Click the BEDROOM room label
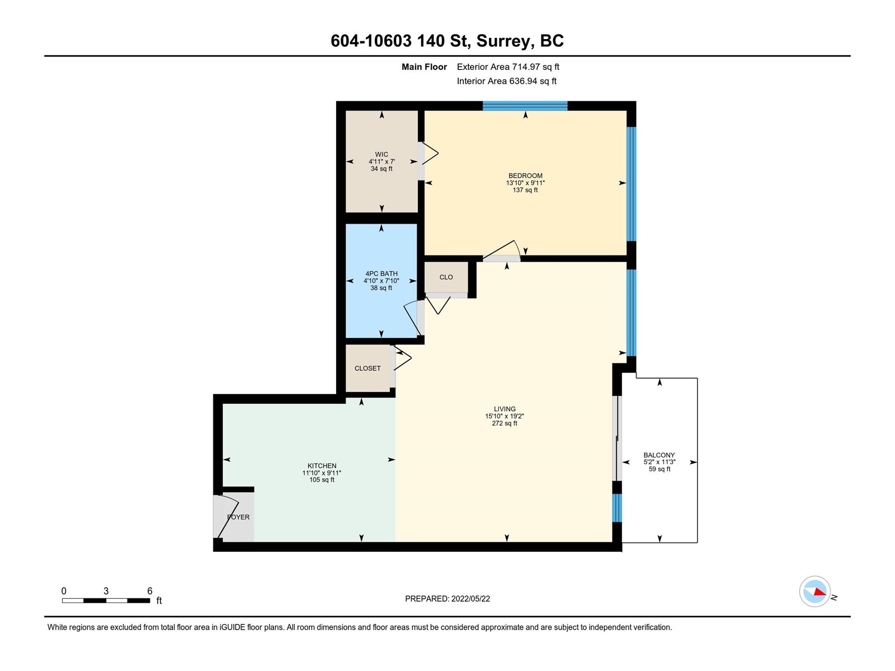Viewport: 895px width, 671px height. [x=525, y=176]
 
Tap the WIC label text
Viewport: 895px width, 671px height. [x=381, y=154]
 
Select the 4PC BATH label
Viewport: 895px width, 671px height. [x=381, y=274]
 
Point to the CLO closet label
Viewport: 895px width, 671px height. [x=446, y=277]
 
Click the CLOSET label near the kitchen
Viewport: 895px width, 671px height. [x=368, y=368]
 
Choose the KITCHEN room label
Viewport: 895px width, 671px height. [x=322, y=466]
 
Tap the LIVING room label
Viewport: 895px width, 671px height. [x=505, y=409]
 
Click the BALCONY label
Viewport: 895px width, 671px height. [x=660, y=455]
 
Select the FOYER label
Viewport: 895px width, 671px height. [x=238, y=517]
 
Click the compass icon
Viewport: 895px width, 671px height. [x=814, y=592]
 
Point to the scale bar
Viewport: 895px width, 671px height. [x=106, y=601]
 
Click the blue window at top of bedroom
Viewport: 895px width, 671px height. [x=525, y=106]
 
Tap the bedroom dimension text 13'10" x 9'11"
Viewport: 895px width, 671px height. [x=525, y=183]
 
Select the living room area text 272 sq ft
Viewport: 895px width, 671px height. [x=505, y=423]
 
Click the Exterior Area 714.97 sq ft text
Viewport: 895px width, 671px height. [x=508, y=67]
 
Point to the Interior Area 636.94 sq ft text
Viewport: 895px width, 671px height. [x=506, y=81]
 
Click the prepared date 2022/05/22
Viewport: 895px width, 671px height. [x=470, y=599]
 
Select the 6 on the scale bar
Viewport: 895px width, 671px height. [x=150, y=591]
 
